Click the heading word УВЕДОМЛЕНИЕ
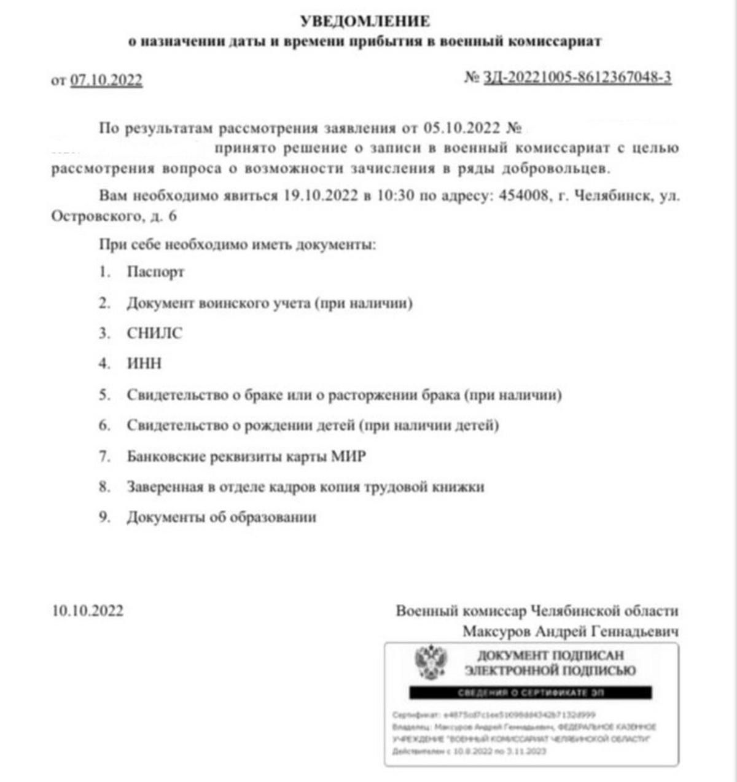point(365,22)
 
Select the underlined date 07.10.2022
point(106,80)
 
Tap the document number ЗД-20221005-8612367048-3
point(577,77)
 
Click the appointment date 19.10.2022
point(321,196)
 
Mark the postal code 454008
point(524,196)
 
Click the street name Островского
point(96,216)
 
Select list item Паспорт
point(155,272)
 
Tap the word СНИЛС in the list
point(155,333)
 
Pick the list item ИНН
point(144,364)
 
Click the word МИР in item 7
point(348,456)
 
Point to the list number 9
point(104,517)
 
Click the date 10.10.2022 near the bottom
point(88,611)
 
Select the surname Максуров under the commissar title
point(496,631)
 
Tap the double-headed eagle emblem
point(431,662)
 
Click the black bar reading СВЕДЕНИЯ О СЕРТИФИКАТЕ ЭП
point(530,693)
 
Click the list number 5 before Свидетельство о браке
point(104,395)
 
